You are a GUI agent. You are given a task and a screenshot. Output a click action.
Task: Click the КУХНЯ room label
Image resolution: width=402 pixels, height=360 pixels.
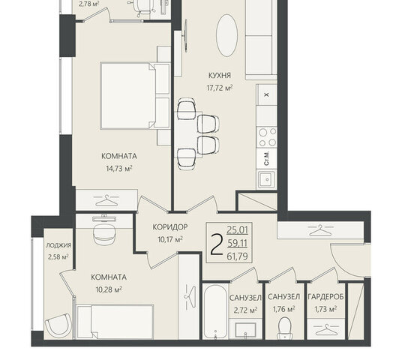(x=220, y=76)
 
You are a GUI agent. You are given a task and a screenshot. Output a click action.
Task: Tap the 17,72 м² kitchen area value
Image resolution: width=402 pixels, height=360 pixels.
(x=220, y=88)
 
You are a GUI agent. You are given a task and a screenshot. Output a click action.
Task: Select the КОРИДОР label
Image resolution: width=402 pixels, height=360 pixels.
(x=170, y=227)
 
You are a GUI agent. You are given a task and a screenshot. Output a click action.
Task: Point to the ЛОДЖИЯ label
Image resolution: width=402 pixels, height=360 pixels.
(x=58, y=245)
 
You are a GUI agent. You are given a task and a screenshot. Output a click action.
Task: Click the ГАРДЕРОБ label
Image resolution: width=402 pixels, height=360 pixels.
(x=325, y=297)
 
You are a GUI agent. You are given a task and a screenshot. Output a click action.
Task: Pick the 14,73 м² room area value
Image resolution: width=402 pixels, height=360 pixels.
(x=119, y=169)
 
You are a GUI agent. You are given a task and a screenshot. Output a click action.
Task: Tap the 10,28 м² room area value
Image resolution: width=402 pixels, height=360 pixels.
(x=109, y=289)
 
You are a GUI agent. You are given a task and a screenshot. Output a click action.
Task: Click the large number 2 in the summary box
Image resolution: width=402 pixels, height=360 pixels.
(x=217, y=245)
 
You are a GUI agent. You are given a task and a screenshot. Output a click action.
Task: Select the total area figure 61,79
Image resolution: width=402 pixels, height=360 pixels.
(x=238, y=256)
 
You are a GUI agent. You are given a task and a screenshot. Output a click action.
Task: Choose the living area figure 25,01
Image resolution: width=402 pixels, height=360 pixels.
(x=238, y=230)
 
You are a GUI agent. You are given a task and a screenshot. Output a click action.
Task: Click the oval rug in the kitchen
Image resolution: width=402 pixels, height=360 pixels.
(x=227, y=35)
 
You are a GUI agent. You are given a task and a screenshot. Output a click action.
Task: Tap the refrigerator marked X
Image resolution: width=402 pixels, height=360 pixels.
(x=267, y=94)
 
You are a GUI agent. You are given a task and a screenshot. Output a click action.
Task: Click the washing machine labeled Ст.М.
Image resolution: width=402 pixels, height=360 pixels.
(x=267, y=159)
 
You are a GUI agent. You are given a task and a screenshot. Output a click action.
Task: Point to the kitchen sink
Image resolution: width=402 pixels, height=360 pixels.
(x=267, y=179)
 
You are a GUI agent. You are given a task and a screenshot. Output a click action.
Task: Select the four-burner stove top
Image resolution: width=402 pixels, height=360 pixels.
(x=267, y=137)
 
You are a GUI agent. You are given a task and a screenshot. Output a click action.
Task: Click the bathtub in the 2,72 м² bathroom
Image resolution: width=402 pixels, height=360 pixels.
(x=215, y=311)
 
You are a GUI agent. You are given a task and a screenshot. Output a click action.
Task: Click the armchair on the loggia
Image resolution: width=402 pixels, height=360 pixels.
(x=58, y=325)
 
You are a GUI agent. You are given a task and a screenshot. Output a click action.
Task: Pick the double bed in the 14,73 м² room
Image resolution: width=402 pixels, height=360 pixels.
(x=135, y=95)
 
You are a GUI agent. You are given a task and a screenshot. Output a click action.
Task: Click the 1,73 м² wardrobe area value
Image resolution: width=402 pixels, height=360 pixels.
(x=325, y=310)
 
